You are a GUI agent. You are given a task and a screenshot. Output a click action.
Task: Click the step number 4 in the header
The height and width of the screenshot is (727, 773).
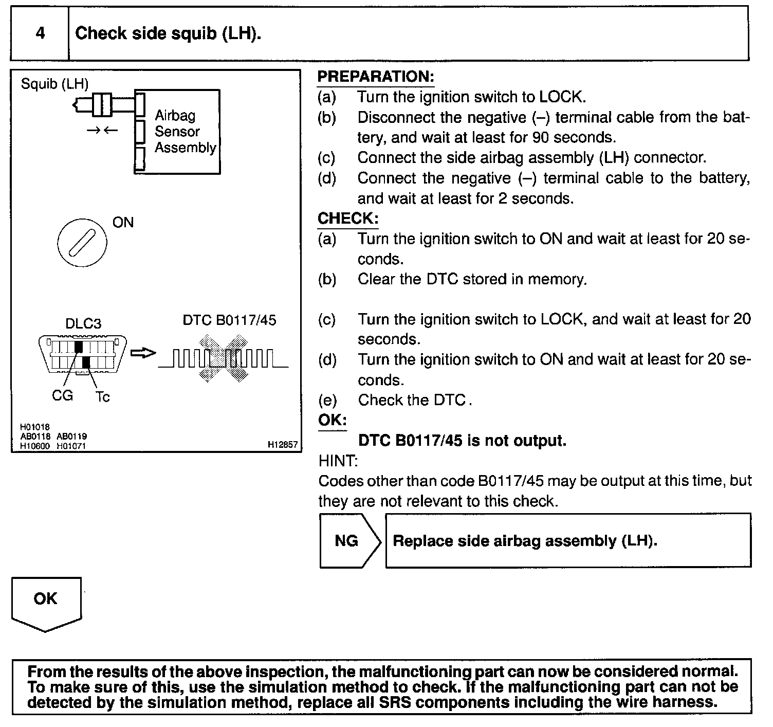tap(40, 33)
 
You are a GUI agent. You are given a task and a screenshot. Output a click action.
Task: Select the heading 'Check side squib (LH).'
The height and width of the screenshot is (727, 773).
tap(168, 33)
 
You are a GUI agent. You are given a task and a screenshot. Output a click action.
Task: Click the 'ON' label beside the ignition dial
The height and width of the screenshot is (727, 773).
tap(123, 223)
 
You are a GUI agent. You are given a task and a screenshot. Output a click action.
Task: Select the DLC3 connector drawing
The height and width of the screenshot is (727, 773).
tap(82, 353)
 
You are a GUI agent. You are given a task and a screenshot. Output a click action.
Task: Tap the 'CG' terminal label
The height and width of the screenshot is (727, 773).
tap(62, 395)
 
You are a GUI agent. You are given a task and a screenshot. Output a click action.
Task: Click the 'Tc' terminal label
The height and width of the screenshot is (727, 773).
tap(102, 396)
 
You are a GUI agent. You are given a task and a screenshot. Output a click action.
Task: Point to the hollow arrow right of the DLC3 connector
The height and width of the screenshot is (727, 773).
tap(142, 353)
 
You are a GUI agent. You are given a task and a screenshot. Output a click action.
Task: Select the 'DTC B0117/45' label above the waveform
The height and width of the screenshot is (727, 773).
tap(229, 320)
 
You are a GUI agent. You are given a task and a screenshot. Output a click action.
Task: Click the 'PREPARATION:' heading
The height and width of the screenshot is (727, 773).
tap(376, 77)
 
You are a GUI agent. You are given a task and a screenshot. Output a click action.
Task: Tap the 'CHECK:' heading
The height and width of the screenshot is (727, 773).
tap(348, 219)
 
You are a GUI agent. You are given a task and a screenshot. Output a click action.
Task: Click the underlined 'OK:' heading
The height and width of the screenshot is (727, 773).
tap(332, 420)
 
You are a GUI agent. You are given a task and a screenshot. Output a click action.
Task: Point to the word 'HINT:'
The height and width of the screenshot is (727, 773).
tap(338, 461)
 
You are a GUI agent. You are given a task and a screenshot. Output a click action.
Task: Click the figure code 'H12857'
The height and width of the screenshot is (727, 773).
tap(282, 445)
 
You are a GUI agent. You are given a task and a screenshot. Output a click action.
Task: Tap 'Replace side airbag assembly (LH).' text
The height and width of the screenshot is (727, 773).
tap(525, 541)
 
